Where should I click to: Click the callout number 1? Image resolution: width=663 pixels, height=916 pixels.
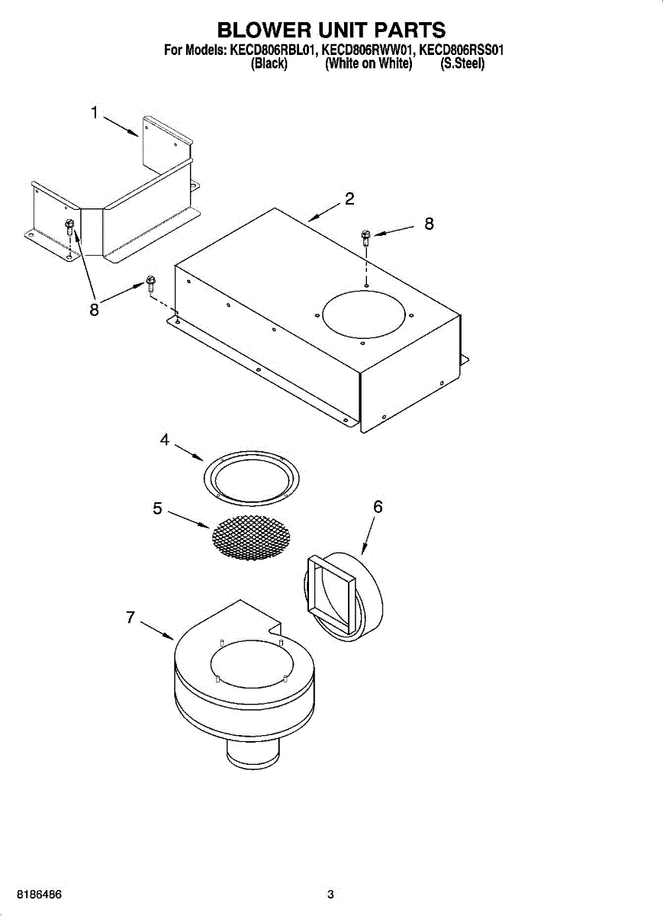95,113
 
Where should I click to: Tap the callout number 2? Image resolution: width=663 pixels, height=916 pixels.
349,199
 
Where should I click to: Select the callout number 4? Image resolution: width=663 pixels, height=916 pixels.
164,440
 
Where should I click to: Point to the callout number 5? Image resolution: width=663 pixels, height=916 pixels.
157,508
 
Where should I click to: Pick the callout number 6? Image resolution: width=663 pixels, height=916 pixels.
378,507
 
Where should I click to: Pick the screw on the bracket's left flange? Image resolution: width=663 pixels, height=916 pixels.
69,226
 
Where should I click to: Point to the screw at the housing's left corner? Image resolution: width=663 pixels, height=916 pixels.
150,284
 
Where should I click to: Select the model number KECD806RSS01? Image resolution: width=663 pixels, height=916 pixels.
462,50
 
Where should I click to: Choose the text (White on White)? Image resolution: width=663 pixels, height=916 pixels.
369,64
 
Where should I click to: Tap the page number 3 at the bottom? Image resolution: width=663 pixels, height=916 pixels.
330,894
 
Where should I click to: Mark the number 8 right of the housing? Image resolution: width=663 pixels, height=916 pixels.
429,224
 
